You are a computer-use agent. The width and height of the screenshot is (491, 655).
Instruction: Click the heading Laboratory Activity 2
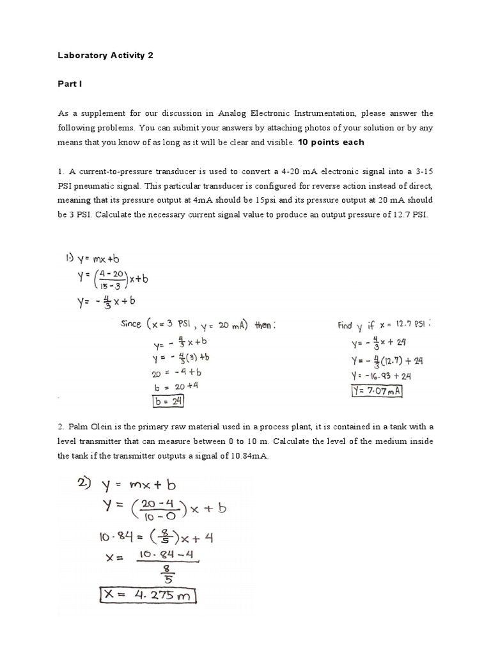point(106,56)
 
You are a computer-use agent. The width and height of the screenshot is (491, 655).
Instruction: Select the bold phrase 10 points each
point(331,142)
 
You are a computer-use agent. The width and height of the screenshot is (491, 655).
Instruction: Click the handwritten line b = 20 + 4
point(164,387)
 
